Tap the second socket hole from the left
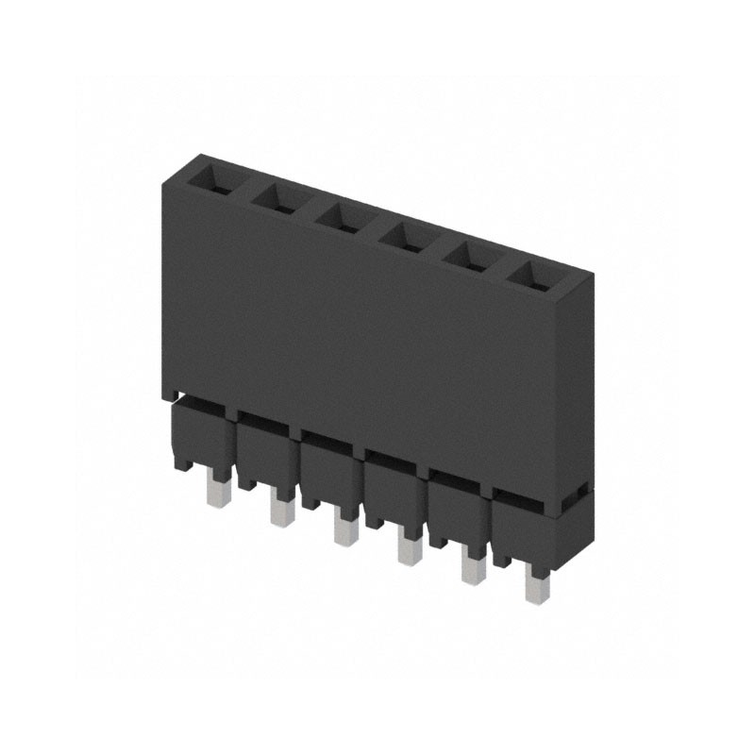(x=275, y=196)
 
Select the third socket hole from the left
(x=338, y=215)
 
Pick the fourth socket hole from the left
(x=401, y=234)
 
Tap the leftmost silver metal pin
(x=217, y=491)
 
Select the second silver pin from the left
(x=280, y=510)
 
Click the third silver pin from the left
(x=344, y=530)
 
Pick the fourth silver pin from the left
(x=408, y=549)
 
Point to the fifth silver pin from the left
(x=471, y=568)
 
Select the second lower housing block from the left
(x=262, y=451)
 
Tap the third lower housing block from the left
(x=327, y=470)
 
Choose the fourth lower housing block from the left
(x=390, y=489)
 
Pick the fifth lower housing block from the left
(x=454, y=510)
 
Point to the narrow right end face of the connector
(x=576, y=387)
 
